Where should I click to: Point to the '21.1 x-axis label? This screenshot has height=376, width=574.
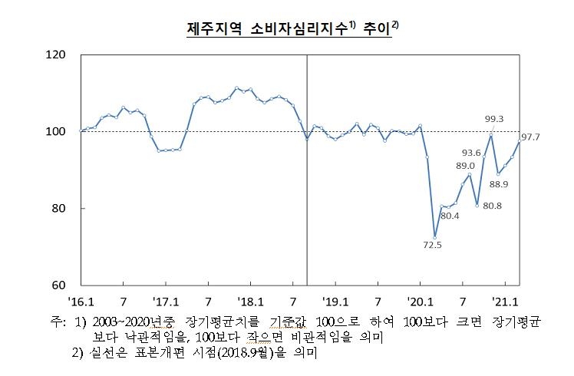(506, 302)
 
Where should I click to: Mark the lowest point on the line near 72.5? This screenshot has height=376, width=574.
(435, 237)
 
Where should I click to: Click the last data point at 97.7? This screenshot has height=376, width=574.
(520, 141)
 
